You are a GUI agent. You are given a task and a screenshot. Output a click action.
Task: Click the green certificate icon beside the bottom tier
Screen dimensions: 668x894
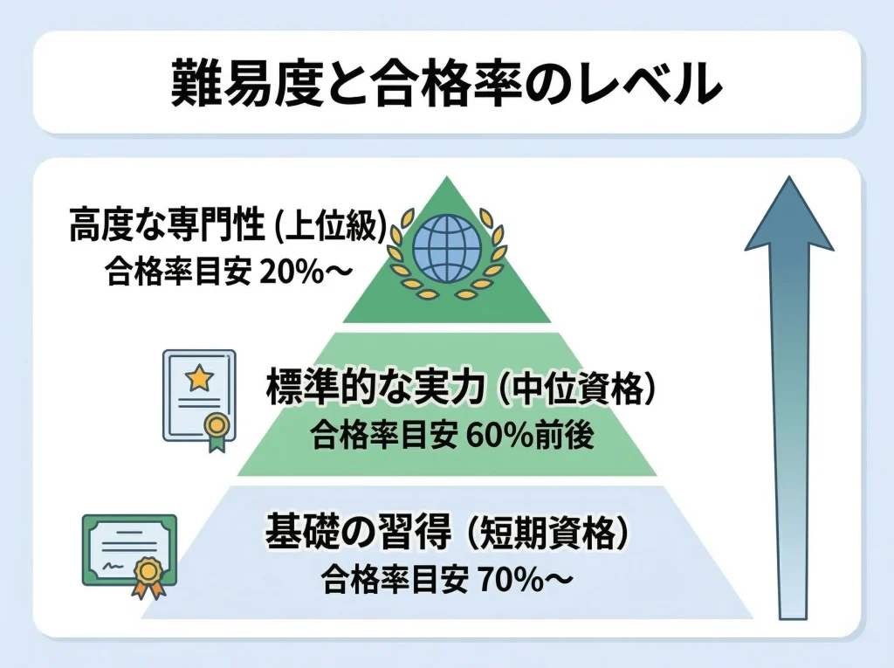(x=129, y=554)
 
